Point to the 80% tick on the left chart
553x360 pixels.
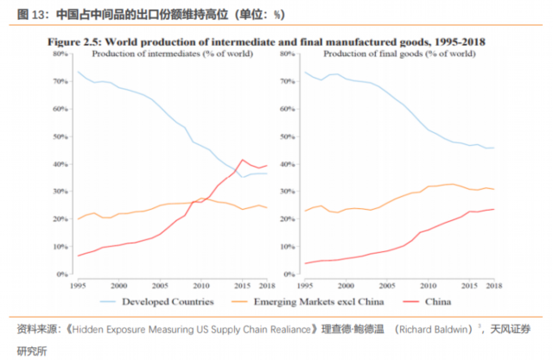(60, 54)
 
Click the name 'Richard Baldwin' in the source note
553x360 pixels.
(436, 328)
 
